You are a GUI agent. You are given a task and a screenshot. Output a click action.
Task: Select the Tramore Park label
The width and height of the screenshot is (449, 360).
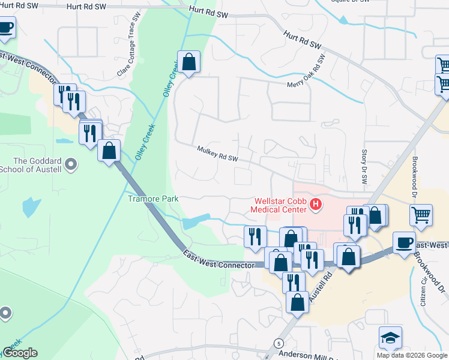click(154, 198)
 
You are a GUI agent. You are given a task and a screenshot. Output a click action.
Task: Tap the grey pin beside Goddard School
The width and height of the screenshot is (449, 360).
click(71, 164)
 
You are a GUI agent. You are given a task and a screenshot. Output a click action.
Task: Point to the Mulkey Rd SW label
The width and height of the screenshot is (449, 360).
click(217, 154)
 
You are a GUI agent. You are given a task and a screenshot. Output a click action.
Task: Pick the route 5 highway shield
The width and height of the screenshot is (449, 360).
click(279, 343)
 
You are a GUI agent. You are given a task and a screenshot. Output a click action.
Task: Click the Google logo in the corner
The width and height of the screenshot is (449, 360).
click(20, 353)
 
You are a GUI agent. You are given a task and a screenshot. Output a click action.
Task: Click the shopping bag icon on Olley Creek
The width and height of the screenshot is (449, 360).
click(188, 61)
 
